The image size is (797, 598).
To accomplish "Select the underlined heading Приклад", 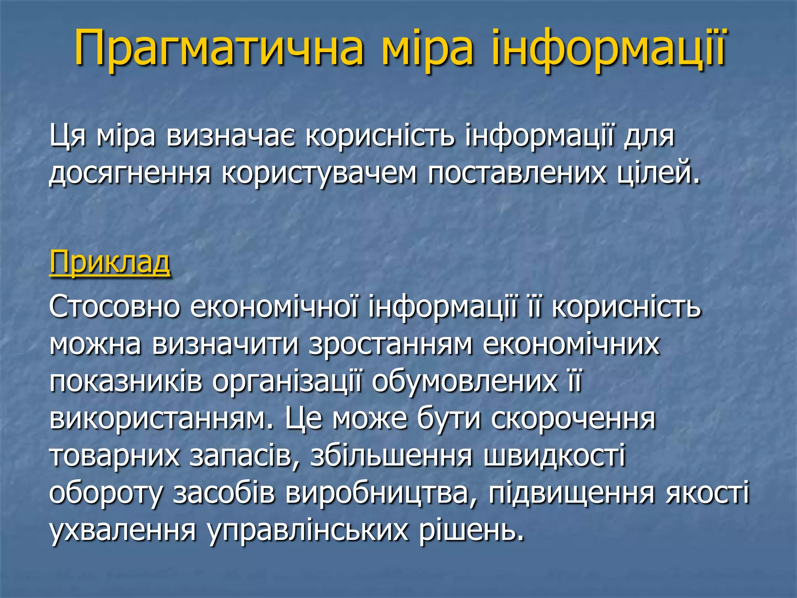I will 110,263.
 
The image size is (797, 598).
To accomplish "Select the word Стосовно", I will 114,307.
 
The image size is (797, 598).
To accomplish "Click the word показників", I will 126,382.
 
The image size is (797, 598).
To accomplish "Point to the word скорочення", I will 573,419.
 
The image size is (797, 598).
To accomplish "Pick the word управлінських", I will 308,530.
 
